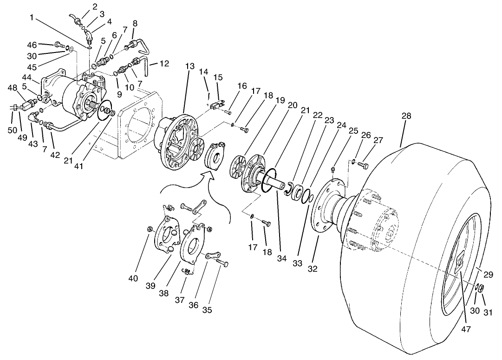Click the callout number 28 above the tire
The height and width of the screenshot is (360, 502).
coord(406,116)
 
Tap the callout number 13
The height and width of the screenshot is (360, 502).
coord(189,66)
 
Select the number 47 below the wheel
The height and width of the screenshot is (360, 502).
coord(466,329)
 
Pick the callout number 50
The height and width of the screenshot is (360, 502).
coord(13,130)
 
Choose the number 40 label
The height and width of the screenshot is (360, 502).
coord(133,278)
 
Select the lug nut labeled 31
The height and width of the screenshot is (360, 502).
coord(482,288)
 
